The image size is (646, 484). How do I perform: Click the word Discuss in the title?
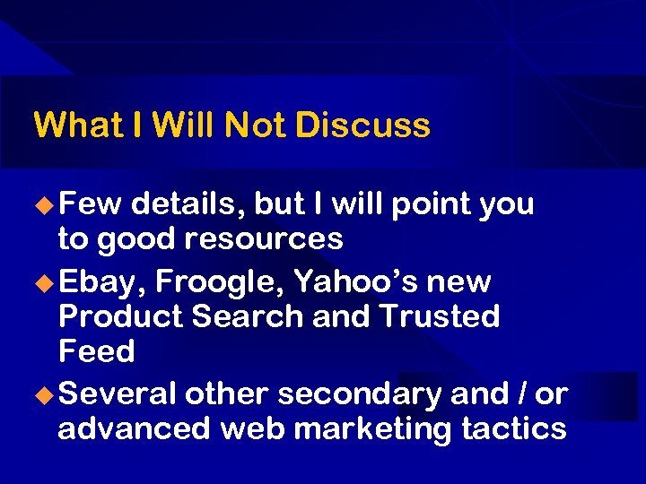click(362, 125)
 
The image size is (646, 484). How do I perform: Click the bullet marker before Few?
click(43, 204)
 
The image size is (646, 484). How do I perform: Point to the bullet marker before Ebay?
click(43, 282)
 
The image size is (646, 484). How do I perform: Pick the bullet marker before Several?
click(43, 394)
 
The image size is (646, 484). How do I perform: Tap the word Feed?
click(96, 350)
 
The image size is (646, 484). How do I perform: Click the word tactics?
click(513, 428)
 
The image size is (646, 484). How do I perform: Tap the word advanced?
click(134, 428)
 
